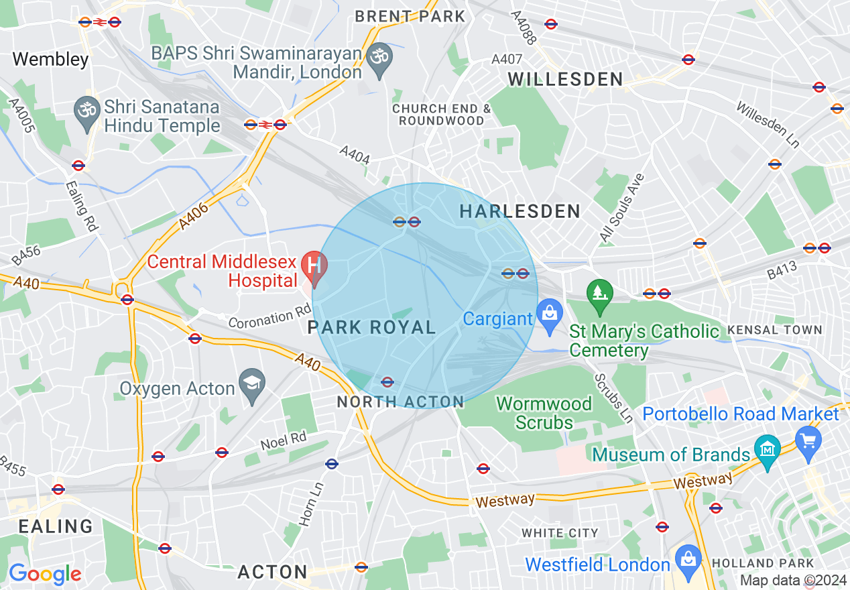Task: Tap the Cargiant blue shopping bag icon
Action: tap(550, 314)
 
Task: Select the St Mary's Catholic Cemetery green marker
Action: tap(599, 294)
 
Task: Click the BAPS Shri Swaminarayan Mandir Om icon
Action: tap(381, 56)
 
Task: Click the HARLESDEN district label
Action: tap(520, 212)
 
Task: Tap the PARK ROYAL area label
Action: tap(371, 328)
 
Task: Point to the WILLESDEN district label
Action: tap(565, 80)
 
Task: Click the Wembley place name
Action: tap(50, 60)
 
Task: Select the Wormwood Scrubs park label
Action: tap(544, 413)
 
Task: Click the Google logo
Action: tap(45, 574)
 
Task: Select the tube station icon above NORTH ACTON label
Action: tap(387, 382)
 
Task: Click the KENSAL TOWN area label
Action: tap(774, 330)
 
